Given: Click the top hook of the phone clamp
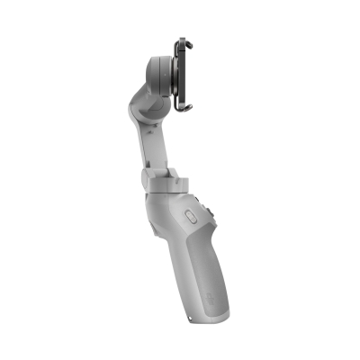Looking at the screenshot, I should pyautogui.click(x=184, y=40).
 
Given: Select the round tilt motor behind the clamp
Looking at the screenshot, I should pyautogui.click(x=159, y=76).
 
